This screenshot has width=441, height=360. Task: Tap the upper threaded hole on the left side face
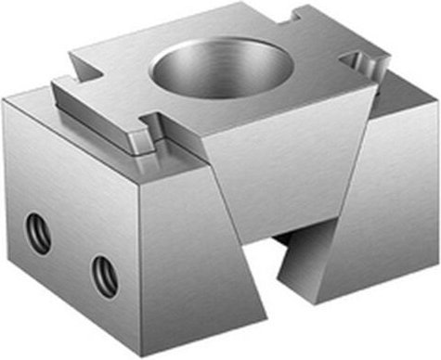(38, 230)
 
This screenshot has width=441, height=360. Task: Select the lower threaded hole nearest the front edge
(104, 276)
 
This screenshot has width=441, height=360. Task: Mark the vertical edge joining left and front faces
(140, 260)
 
